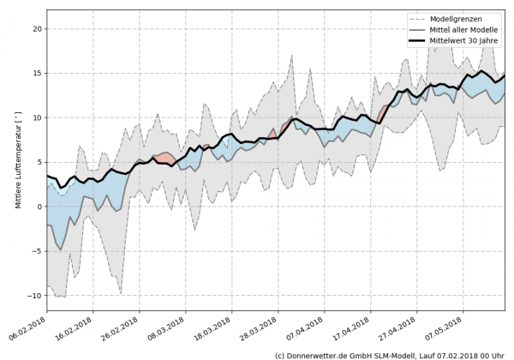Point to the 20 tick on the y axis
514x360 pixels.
[x=37, y=28]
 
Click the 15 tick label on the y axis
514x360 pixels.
[x=37, y=73]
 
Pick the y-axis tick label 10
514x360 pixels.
[x=37, y=117]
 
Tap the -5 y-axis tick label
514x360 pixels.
[x=37, y=251]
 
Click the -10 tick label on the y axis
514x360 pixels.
[x=34, y=296]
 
